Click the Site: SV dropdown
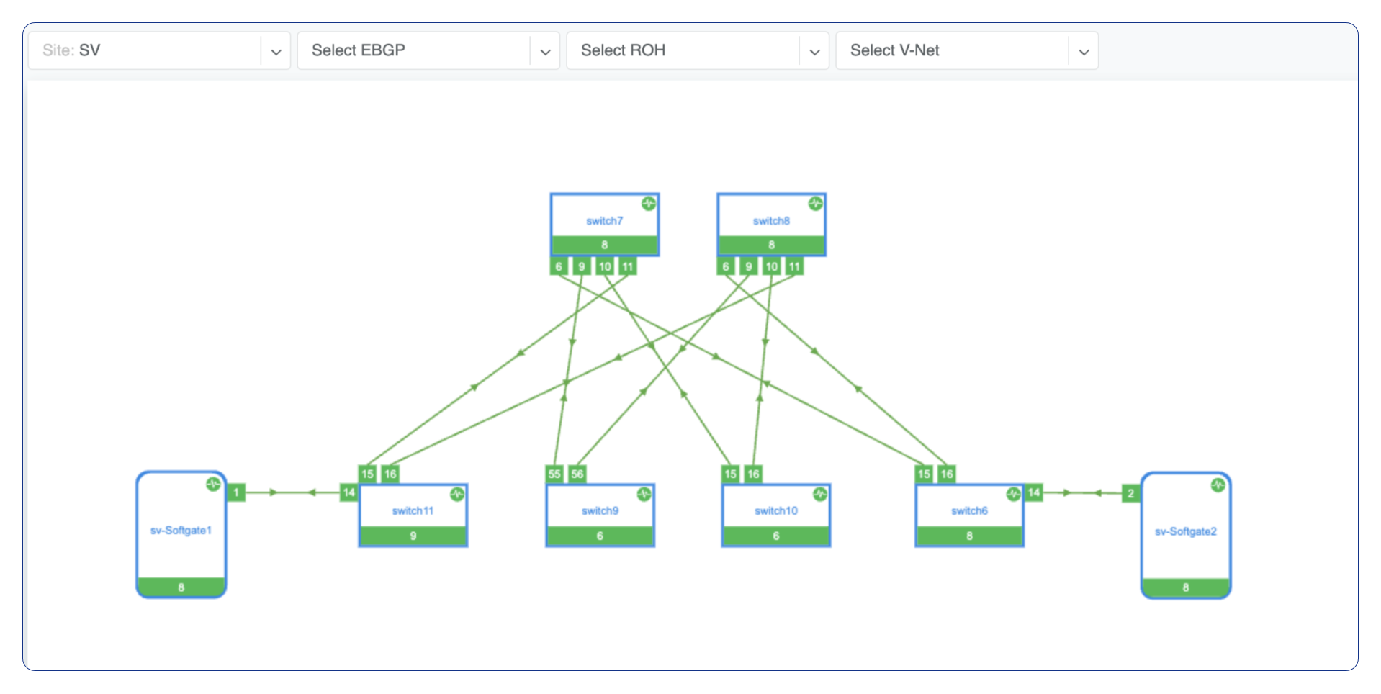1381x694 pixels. [x=158, y=50]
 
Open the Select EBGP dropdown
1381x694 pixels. [x=428, y=50]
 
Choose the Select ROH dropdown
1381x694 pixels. [x=697, y=50]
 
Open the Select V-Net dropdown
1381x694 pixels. [x=966, y=50]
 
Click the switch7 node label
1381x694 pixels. [x=604, y=221]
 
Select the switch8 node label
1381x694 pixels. [x=771, y=221]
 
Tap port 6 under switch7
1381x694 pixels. [x=559, y=266]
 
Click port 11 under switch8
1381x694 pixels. [x=794, y=266]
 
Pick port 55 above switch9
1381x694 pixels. [x=554, y=474]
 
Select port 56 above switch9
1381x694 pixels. [x=577, y=474]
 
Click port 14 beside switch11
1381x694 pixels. [x=349, y=492]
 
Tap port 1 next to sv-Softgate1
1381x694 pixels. [x=236, y=492]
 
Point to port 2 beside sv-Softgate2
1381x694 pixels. [x=1130, y=493]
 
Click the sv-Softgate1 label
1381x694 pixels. [x=181, y=531]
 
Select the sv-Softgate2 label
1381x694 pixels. [x=1185, y=531]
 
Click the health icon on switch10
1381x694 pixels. [x=820, y=494]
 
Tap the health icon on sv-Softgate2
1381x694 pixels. [x=1218, y=485]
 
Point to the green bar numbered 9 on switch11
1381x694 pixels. [x=413, y=536]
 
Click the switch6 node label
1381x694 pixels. [x=969, y=511]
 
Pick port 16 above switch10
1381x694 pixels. [x=753, y=474]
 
